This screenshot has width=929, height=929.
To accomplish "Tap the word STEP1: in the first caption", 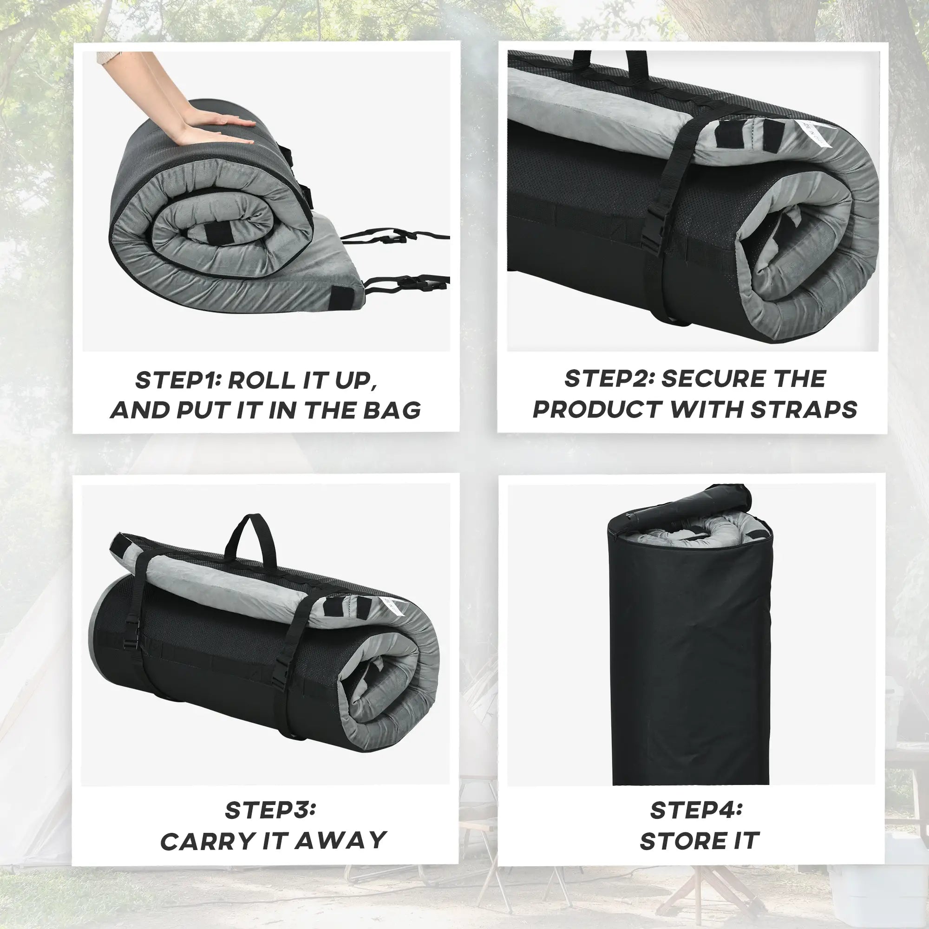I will pyautogui.click(x=177, y=380).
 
